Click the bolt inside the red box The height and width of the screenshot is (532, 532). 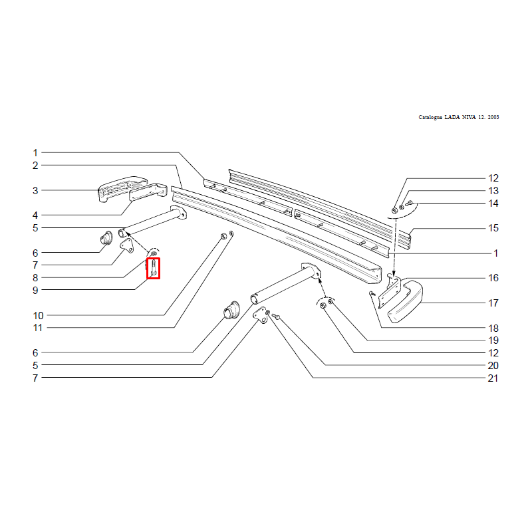(x=154, y=268)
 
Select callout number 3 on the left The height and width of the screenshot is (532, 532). (x=35, y=191)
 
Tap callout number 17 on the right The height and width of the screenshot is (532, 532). (x=493, y=303)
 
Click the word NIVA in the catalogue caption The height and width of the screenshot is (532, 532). (x=468, y=117)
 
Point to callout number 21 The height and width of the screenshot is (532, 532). (x=493, y=378)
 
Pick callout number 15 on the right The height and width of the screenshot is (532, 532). (x=493, y=228)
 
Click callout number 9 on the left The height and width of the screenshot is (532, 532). (x=35, y=291)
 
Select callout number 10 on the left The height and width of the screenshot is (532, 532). (x=38, y=315)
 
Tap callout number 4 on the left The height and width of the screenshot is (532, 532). (x=35, y=215)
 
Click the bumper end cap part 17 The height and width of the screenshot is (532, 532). (x=406, y=301)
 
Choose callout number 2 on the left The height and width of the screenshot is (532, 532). (x=35, y=166)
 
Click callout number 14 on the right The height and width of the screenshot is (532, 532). (x=493, y=203)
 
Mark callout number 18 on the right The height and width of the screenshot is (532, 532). (x=493, y=328)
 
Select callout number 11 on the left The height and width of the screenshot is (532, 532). (x=38, y=328)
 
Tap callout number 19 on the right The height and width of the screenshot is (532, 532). (x=493, y=340)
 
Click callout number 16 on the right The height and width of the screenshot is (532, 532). (x=493, y=278)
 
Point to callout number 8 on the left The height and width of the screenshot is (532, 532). (x=35, y=278)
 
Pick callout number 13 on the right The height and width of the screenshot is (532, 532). (x=493, y=191)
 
